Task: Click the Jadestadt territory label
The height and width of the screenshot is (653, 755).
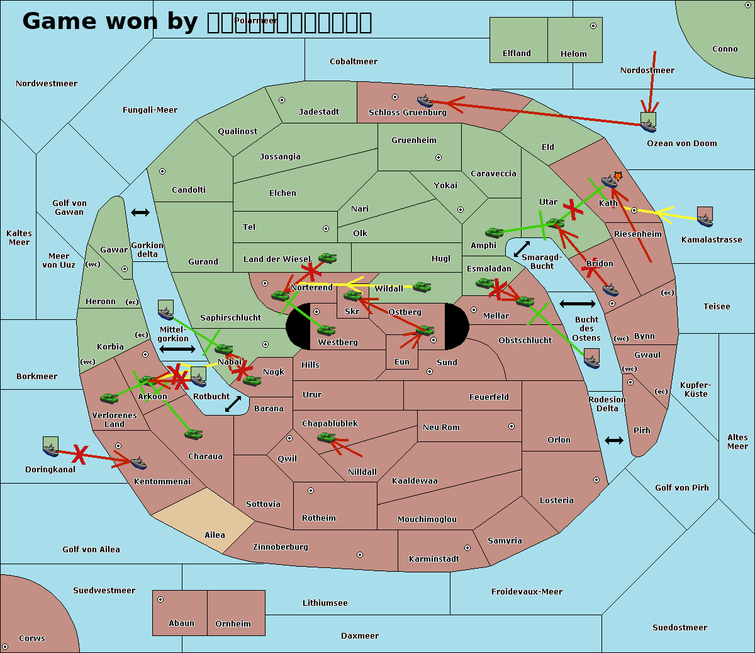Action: click(x=318, y=111)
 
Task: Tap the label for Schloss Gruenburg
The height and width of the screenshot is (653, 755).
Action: click(x=407, y=113)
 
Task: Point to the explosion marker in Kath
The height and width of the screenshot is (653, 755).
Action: click(x=618, y=176)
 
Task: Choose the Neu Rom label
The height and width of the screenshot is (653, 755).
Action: click(x=441, y=427)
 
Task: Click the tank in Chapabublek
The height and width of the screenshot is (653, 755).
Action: click(x=327, y=437)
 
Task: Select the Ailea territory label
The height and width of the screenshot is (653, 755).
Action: click(x=215, y=535)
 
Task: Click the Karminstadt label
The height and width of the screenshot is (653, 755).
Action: click(x=434, y=559)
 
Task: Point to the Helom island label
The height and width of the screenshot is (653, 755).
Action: click(x=573, y=54)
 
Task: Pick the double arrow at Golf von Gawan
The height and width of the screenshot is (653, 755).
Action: click(x=140, y=213)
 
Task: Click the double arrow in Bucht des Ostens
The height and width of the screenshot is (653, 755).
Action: click(x=577, y=304)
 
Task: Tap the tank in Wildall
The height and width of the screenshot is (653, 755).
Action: click(x=422, y=287)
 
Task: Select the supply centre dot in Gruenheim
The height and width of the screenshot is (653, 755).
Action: click(x=439, y=157)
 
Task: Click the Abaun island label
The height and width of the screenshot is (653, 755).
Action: click(x=181, y=623)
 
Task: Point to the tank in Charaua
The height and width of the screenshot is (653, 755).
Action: click(x=193, y=434)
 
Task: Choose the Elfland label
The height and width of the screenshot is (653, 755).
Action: click(x=517, y=54)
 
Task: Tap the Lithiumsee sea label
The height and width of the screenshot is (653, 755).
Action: click(x=325, y=603)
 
